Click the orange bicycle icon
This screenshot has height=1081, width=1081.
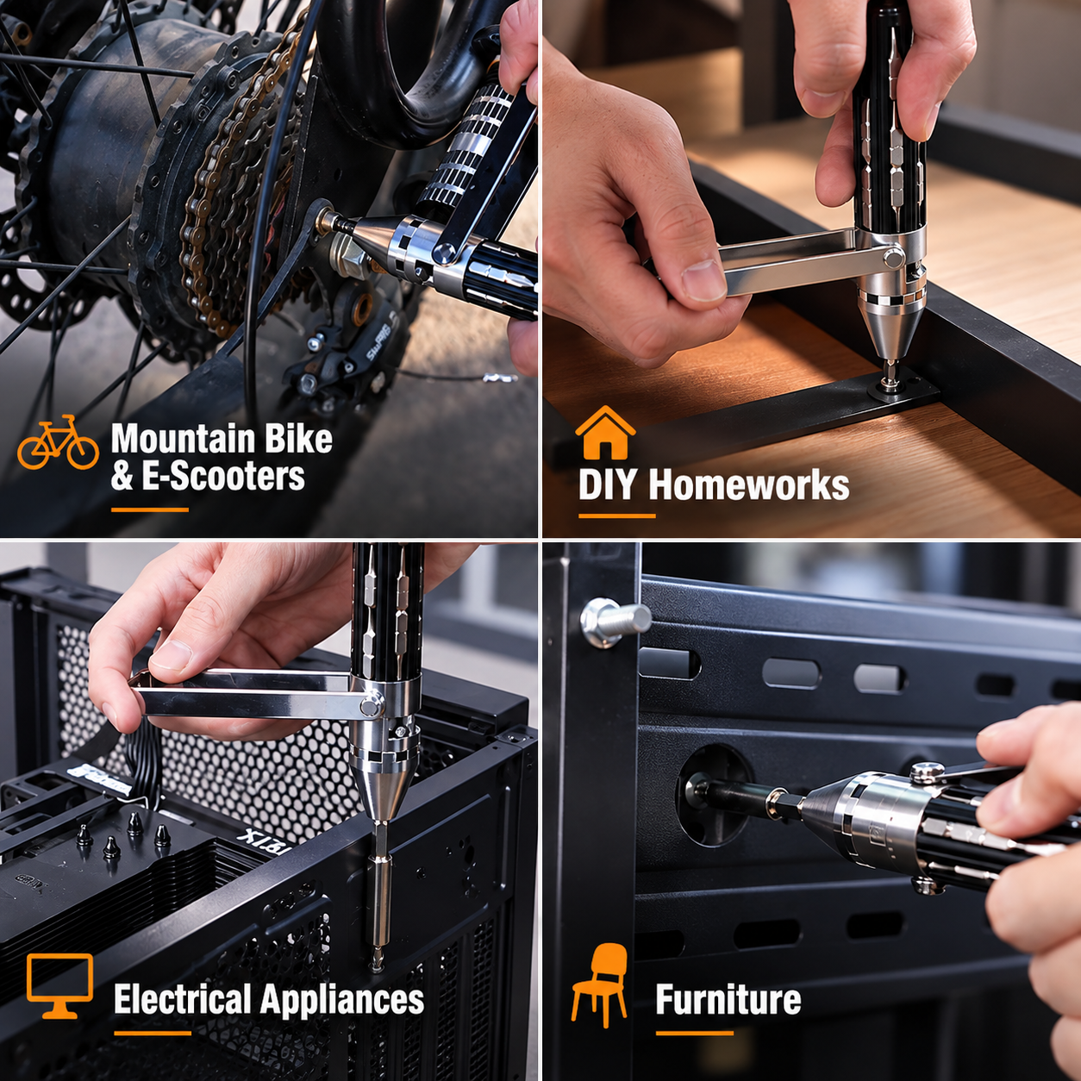(x=58, y=442)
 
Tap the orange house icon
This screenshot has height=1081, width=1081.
(x=605, y=433)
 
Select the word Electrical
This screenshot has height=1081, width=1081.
(x=182, y=999)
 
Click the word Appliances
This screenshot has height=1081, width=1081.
(x=341, y=1000)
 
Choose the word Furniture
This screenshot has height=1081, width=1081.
(x=728, y=999)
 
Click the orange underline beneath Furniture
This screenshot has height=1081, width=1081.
(x=695, y=1033)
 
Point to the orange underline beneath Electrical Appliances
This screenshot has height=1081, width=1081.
(x=153, y=1033)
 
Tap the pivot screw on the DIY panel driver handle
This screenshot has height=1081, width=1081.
(x=894, y=258)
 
